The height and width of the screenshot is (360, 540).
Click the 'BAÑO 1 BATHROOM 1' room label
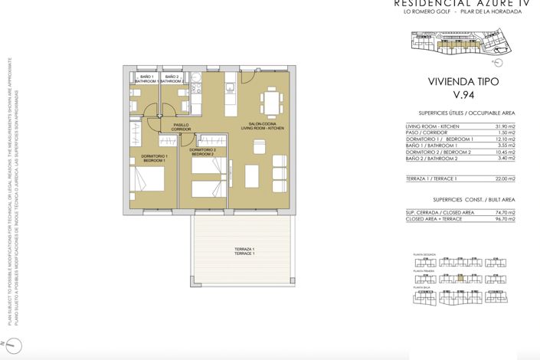[x=147, y=77]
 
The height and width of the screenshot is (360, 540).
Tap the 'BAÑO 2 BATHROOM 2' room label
[x=173, y=77]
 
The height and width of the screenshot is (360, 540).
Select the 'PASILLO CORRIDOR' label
[x=181, y=127]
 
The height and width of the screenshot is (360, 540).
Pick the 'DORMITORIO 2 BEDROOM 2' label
[x=202, y=152]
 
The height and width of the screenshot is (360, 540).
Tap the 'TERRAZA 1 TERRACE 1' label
[x=244, y=251]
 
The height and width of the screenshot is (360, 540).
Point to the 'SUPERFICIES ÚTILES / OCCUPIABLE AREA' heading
[x=460, y=113]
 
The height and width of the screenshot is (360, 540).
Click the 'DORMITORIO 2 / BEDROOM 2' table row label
[x=437, y=152]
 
